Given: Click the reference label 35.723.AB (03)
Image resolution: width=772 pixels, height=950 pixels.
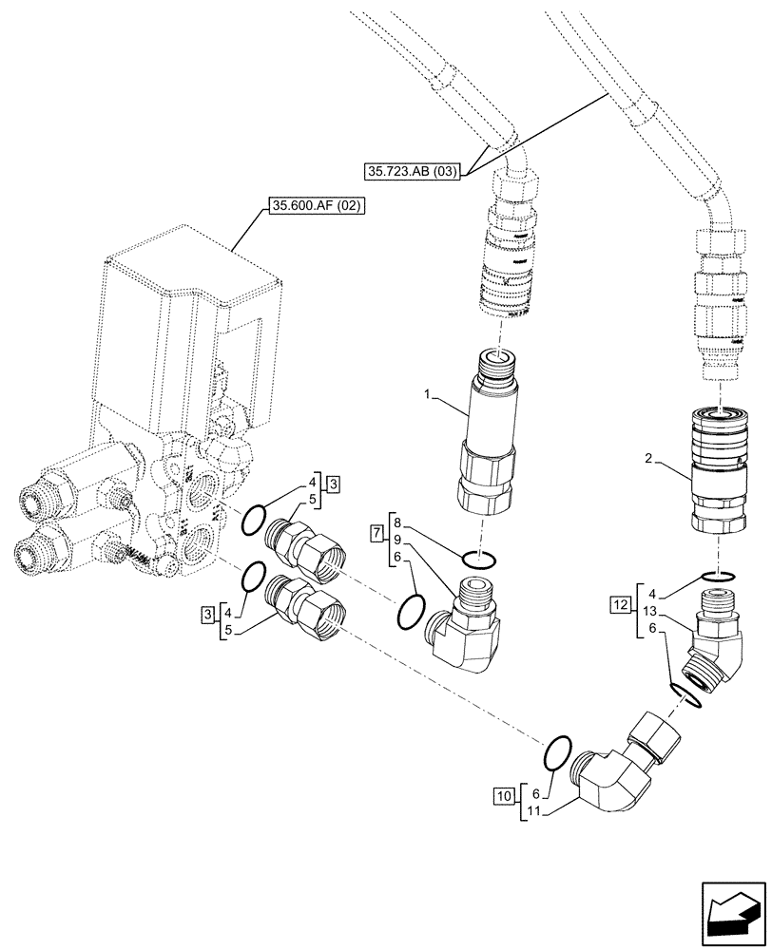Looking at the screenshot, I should [x=413, y=172].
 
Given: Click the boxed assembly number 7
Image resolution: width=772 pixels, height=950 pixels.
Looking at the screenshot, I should [x=376, y=527].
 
